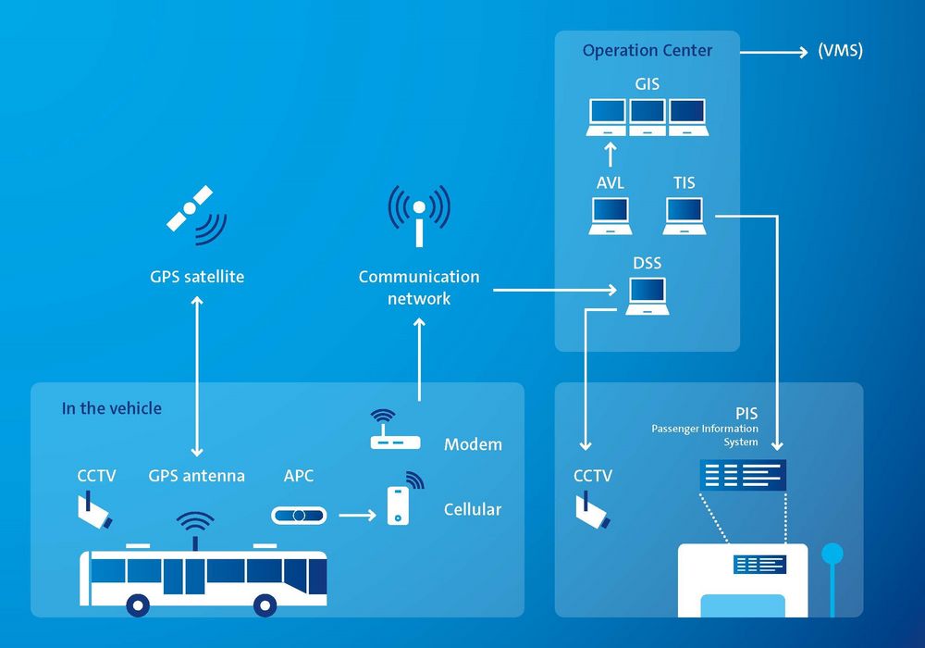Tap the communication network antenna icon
(419, 214)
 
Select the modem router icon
(395, 432)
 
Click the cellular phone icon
(399, 504)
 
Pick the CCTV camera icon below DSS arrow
(592, 511)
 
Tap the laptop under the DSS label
(647, 296)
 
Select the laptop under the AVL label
(610, 217)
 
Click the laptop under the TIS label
(686, 217)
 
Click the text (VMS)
(840, 51)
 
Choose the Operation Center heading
(647, 51)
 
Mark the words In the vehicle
(111, 408)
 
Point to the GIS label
(647, 84)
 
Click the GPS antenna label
(196, 476)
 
